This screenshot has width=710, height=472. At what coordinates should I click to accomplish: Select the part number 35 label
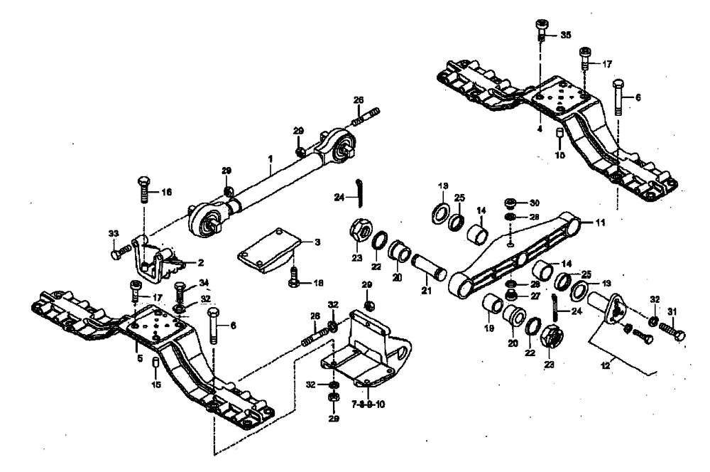tap(565, 34)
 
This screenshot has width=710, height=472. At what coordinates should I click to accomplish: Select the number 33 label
tap(114, 232)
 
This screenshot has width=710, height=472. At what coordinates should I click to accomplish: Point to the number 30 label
tap(535, 203)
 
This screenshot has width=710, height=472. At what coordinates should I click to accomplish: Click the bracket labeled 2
tap(162, 259)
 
